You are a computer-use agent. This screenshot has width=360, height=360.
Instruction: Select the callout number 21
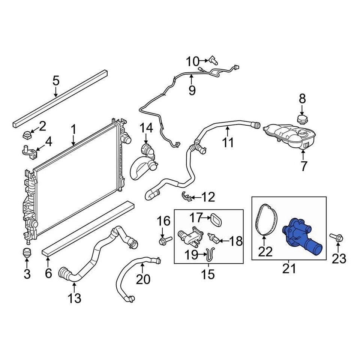click(289, 268)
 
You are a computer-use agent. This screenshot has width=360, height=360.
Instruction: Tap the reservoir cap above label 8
click(302, 120)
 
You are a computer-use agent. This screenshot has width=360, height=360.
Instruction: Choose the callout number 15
click(208, 274)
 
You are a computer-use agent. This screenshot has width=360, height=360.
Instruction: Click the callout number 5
click(56, 81)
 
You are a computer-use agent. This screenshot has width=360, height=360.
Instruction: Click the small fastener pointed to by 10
click(214, 60)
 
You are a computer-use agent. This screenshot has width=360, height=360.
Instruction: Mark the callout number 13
click(74, 298)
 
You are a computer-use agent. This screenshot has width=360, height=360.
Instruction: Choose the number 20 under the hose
click(143, 279)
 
